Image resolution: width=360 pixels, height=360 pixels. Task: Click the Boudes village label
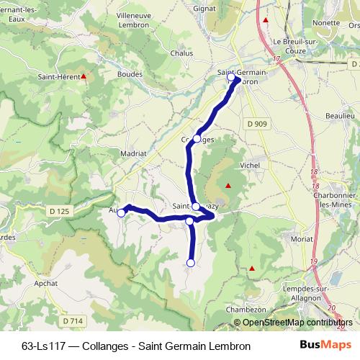(x=130, y=73)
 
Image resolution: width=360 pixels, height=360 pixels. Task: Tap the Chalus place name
(x=181, y=53)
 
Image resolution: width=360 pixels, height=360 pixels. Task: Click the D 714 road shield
(x=72, y=320)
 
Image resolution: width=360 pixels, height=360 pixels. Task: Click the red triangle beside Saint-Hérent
(x=84, y=75)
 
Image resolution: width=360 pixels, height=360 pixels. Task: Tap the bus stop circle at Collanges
(x=197, y=138)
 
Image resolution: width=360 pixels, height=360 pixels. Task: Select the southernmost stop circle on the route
(x=191, y=264)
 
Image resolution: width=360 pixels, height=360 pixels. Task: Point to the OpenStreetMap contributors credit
(x=293, y=323)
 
